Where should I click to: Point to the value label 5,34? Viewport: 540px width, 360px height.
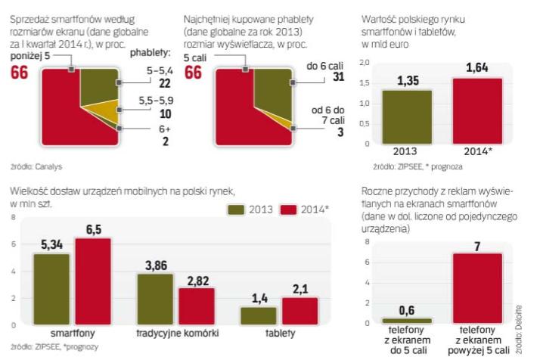(x=52, y=245)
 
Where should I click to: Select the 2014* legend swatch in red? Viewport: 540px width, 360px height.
(x=289, y=209)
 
